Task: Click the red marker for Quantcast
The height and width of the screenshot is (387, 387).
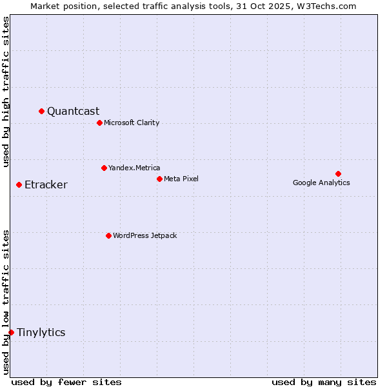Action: pyautogui.click(x=41, y=111)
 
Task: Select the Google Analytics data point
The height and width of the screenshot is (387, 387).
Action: pyautogui.click(x=338, y=174)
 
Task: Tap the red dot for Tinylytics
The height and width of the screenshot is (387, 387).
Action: pyautogui.click(x=11, y=332)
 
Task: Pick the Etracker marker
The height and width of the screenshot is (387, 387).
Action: pyautogui.click(x=19, y=184)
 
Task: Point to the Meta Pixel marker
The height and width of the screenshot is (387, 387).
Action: pyautogui.click(x=159, y=179)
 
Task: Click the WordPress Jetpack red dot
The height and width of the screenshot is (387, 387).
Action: pyautogui.click(x=108, y=235)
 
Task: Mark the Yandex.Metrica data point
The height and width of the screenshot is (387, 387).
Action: pyautogui.click(x=104, y=168)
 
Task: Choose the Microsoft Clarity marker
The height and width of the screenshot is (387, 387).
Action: pyautogui.click(x=99, y=123)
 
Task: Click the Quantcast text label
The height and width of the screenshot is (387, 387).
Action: pyautogui.click(x=73, y=111)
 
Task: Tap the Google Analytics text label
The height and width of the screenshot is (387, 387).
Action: pyautogui.click(x=321, y=183)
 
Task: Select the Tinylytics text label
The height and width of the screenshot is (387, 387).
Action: pyautogui.click(x=41, y=332)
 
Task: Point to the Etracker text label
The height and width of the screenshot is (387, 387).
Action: pyautogui.click(x=46, y=185)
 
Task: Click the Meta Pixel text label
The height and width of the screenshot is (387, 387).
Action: pyautogui.click(x=181, y=179)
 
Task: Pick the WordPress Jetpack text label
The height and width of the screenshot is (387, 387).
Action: pyautogui.click(x=144, y=235)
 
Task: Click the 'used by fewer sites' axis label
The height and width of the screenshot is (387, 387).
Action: pyautogui.click(x=66, y=382)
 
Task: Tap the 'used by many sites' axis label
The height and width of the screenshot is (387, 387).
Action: pyautogui.click(x=324, y=382)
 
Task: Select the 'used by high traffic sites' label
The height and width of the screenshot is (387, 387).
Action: pyautogui.click(x=6, y=92)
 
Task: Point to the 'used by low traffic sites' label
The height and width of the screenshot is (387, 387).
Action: pyautogui.click(x=6, y=301)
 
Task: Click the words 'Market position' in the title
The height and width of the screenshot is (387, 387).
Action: pyautogui.click(x=61, y=6)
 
